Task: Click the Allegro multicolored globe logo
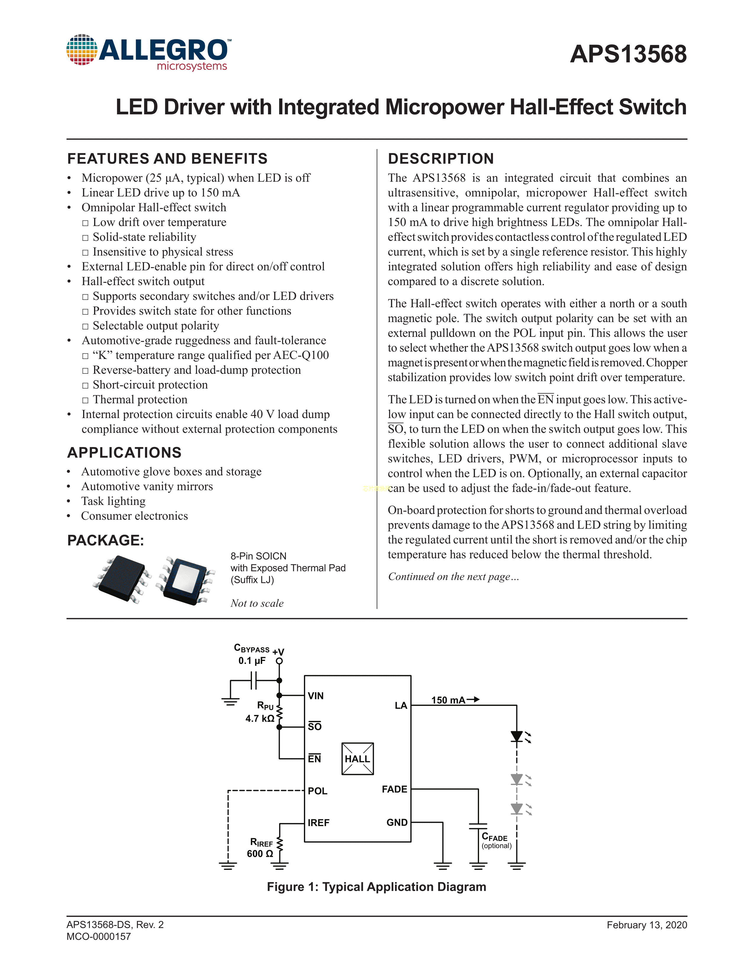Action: (x=82, y=50)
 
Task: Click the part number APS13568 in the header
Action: (x=628, y=54)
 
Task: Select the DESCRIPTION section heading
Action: (x=441, y=159)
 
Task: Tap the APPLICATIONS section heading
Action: (x=124, y=453)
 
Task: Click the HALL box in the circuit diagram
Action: (x=357, y=759)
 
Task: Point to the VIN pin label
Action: (x=316, y=695)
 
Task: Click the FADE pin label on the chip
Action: (x=394, y=789)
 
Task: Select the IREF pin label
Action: (x=318, y=823)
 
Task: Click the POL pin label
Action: (x=318, y=791)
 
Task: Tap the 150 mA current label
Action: (x=449, y=700)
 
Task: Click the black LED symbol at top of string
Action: (x=517, y=736)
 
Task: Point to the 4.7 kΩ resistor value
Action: (x=260, y=718)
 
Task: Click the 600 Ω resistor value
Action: (x=260, y=854)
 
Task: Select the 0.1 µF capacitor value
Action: (x=252, y=661)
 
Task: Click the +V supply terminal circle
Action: (x=279, y=661)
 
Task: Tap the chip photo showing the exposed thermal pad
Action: (x=186, y=580)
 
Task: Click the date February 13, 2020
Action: (x=646, y=925)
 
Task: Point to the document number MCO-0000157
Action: (x=99, y=936)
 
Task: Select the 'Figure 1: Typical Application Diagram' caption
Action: (x=376, y=887)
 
